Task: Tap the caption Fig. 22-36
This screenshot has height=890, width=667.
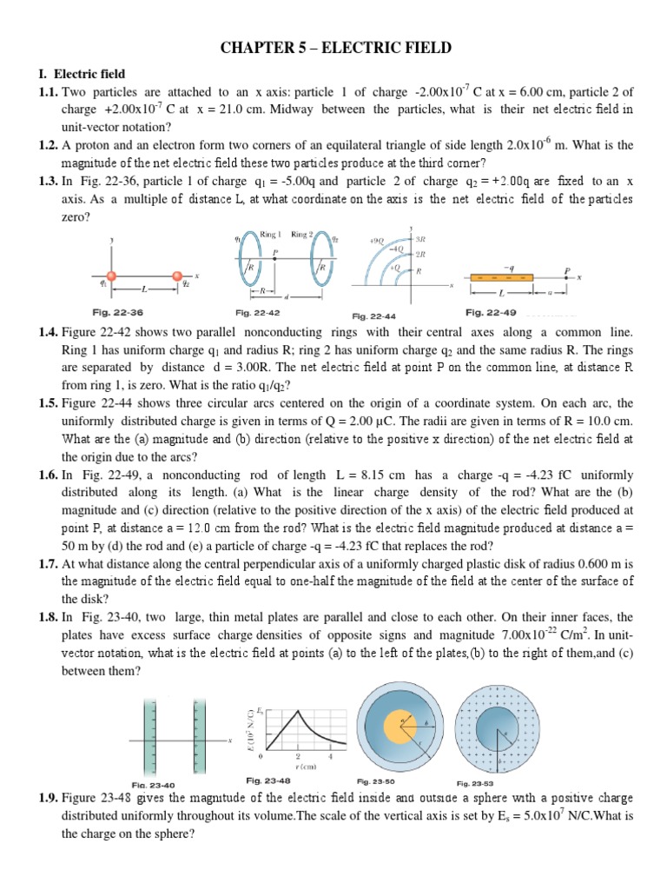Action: click(x=117, y=312)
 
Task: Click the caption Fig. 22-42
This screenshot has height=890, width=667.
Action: click(x=256, y=312)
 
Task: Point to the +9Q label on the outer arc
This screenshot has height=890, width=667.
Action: click(x=379, y=239)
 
